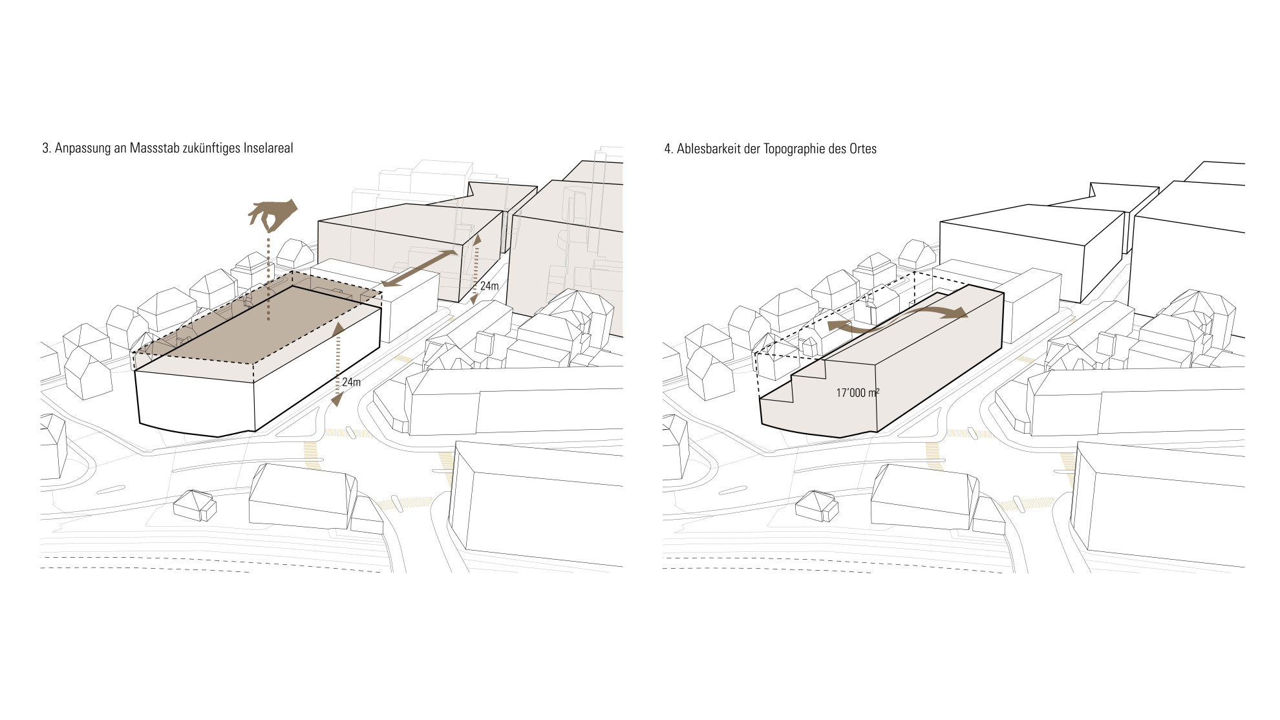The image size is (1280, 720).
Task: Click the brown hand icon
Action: coord(273,215)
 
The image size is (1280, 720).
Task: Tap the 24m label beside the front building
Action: coord(351,382)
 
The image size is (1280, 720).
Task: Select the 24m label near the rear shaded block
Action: coord(489,285)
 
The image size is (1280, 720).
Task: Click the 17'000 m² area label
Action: coord(857,392)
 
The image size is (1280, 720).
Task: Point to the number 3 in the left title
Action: coord(45,149)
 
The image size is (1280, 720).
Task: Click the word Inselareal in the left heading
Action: coord(268,149)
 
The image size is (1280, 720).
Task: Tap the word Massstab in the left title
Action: coord(151,149)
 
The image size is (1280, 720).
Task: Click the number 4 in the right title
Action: coord(668,149)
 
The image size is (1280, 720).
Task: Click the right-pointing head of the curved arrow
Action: coord(958,313)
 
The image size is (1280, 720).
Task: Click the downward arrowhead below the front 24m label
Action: coord(337,401)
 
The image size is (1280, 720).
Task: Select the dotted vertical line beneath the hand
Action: coord(268,279)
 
